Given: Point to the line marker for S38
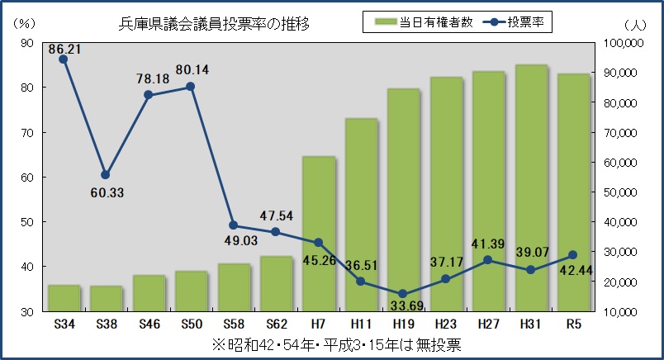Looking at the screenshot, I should (x=106, y=175).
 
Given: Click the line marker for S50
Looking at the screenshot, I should (x=191, y=87).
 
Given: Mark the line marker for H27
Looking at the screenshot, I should (x=488, y=260).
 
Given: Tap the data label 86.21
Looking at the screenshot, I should (x=65, y=50).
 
